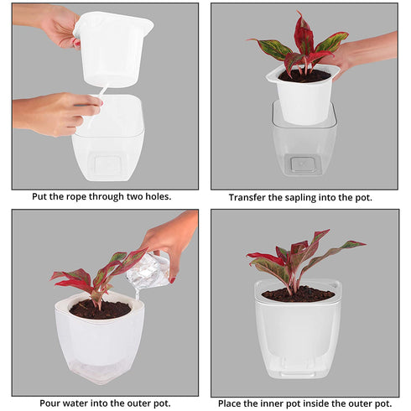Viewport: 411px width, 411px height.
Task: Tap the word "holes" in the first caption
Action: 156,196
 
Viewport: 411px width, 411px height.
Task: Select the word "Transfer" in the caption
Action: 249,198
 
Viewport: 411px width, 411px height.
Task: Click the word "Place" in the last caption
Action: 232,403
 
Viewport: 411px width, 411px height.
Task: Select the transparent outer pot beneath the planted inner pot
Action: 304,147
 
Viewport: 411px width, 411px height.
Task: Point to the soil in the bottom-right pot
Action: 298,294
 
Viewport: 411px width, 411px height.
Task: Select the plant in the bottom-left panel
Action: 92,277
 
